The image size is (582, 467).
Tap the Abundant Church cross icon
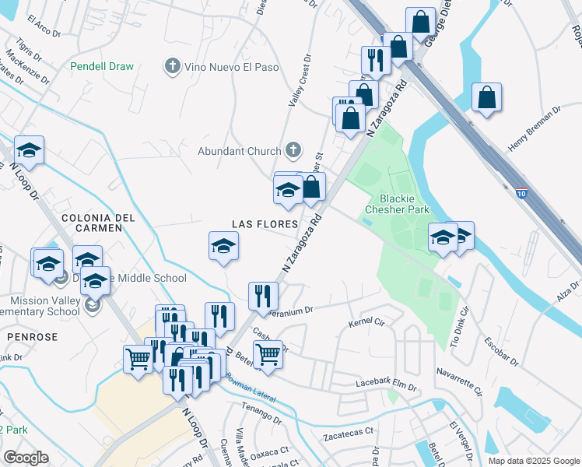[293, 150]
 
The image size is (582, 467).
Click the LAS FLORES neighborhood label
[265, 224]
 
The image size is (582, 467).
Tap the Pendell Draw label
[102, 67]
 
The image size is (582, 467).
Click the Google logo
[26, 458]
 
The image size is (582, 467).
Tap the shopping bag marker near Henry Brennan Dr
[486, 98]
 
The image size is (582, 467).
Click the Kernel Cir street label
[367, 321]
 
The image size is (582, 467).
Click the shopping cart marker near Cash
[268, 354]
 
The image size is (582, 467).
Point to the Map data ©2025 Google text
[534, 460]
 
